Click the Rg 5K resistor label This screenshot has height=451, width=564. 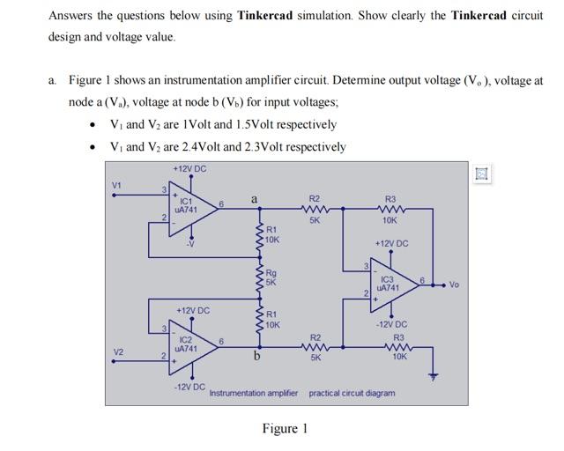coord(272,279)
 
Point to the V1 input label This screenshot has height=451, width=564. coord(115,186)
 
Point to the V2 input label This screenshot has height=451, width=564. coord(115,352)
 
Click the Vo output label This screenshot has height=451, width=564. coord(454,285)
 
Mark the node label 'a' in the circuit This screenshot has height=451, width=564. coord(254,201)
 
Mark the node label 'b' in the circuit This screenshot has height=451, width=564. coord(256,357)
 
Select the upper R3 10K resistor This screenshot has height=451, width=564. coord(390,211)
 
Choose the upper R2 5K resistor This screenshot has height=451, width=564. coord(315,211)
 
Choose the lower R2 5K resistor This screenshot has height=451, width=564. coord(315,347)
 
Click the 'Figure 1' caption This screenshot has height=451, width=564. coord(285,429)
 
